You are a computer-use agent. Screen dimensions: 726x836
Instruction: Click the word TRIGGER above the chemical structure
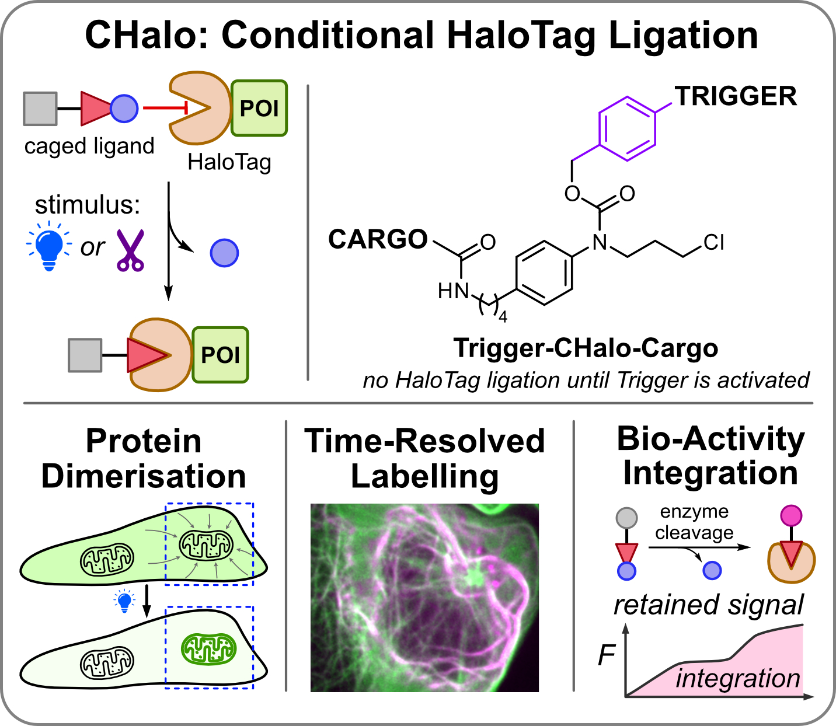tap(736, 96)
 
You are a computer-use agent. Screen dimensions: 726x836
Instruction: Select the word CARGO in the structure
tap(378, 239)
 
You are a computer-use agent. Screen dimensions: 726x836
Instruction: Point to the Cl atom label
tap(713, 242)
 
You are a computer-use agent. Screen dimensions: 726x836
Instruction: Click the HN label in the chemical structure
tap(453, 290)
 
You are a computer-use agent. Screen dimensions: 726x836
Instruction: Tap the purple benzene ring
tap(626, 128)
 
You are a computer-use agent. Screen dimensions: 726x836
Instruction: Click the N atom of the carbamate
tap(600, 242)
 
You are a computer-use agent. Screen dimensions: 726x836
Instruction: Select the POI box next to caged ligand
tap(259, 109)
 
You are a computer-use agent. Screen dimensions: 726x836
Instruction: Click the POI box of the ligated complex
tap(220, 355)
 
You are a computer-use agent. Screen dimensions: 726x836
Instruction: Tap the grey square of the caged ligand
tap(40, 109)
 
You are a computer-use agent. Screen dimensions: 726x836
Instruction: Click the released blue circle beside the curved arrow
tap(224, 253)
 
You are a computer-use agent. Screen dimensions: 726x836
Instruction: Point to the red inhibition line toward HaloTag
tap(164, 108)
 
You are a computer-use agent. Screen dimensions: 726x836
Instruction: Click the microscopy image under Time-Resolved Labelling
tap(424, 597)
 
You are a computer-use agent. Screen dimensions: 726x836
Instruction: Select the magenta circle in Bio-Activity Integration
tap(791, 515)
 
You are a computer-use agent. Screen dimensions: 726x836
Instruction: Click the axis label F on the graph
tap(606, 656)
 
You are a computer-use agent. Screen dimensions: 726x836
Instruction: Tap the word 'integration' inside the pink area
tap(737, 679)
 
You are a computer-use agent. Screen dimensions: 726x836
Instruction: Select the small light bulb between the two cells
tap(124, 601)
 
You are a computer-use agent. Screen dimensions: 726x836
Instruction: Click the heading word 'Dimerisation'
tap(144, 476)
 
